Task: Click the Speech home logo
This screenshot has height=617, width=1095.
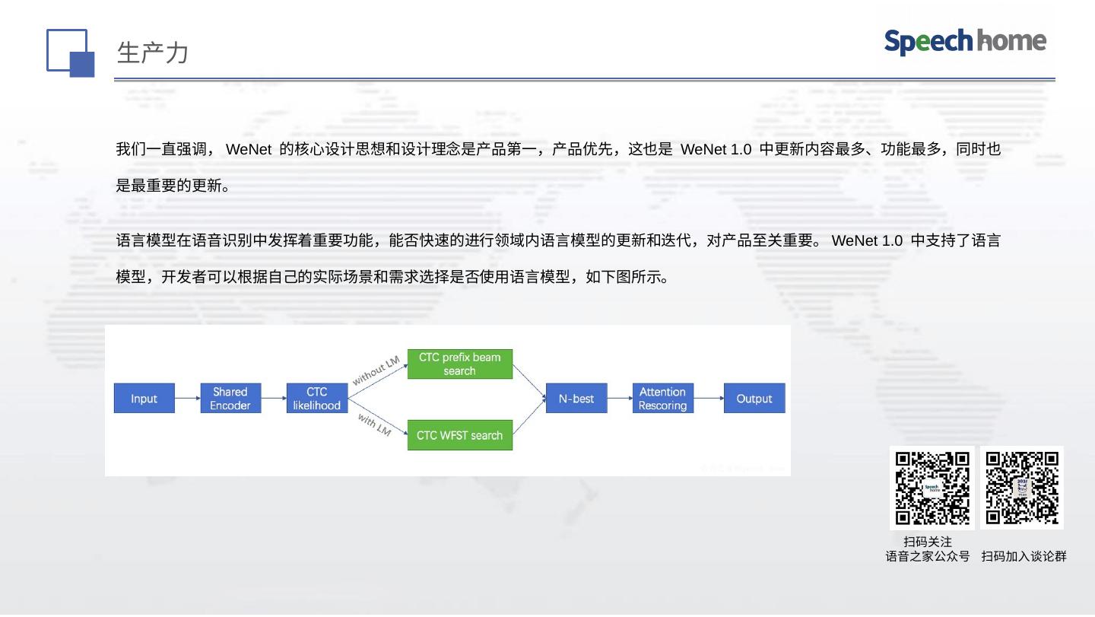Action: point(964,42)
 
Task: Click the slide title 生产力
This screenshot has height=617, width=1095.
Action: point(152,53)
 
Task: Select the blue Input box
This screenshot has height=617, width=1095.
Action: point(144,399)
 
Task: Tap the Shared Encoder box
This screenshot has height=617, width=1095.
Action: point(230,399)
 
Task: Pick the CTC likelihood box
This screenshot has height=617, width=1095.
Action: point(316,399)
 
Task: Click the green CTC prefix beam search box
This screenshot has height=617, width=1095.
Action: point(459,364)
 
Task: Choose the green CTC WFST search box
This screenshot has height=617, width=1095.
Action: point(459,436)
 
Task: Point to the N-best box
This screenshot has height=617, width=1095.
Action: point(576,399)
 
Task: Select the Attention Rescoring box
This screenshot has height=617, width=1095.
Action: point(662,399)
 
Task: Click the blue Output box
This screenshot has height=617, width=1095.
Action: point(754,399)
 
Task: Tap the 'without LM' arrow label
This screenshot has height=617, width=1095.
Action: point(376,371)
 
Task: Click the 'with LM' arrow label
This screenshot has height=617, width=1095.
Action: point(374,425)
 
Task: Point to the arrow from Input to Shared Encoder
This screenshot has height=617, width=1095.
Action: point(187,399)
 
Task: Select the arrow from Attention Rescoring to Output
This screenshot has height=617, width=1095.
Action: point(708,399)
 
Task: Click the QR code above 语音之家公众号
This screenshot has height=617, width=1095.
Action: point(932,488)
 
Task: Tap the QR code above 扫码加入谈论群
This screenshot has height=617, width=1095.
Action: point(1021,488)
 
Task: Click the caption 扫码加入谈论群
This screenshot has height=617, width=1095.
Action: point(1024,557)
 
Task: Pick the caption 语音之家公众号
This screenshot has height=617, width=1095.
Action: point(927,557)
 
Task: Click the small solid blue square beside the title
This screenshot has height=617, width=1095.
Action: point(82,65)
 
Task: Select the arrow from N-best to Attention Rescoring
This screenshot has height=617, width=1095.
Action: point(620,399)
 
